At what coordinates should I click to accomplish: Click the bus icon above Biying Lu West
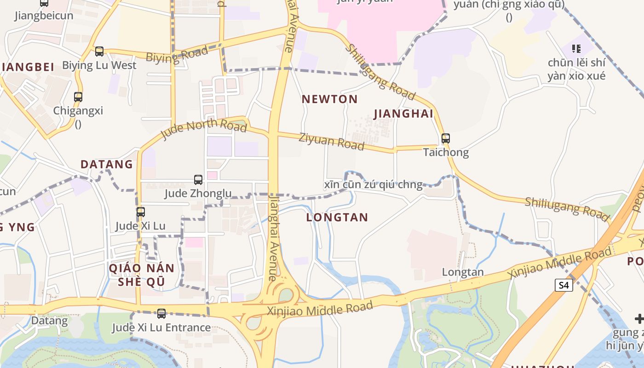coord(99,52)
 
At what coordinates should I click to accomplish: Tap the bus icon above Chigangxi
coord(78,97)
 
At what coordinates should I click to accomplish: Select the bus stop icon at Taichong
coord(445,138)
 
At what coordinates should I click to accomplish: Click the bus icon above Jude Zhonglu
coord(198,179)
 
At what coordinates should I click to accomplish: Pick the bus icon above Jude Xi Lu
coord(141,212)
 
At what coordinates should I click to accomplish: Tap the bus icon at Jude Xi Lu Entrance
coord(161,314)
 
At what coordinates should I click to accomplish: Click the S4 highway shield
coord(564,285)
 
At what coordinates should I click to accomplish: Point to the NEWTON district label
coord(329,99)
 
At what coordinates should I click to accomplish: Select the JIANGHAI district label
coord(404,114)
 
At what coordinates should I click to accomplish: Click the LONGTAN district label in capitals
coord(337,218)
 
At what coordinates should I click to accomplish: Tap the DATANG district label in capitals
coord(107,164)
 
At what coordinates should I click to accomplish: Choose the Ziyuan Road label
coord(331,141)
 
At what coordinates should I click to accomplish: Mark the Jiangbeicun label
coord(44,16)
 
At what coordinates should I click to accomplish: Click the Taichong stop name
coord(446,152)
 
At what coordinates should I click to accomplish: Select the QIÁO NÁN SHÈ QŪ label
coord(141,275)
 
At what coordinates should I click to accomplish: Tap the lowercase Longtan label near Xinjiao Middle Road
coord(463,272)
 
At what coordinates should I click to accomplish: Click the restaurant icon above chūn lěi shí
coord(576,48)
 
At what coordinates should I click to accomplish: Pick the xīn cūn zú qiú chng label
coord(373,185)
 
